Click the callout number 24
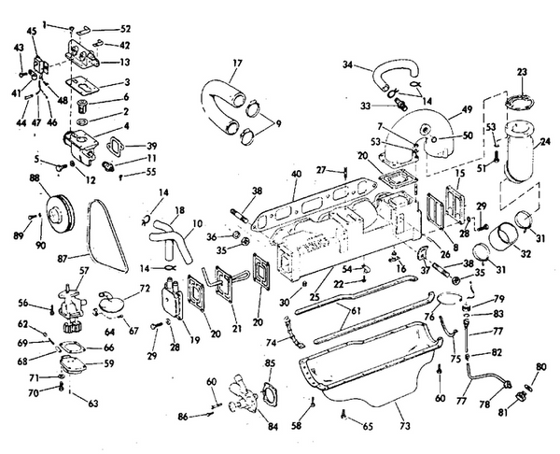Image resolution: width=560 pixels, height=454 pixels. pos(545,143)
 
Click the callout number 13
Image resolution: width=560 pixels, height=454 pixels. pos(124,63)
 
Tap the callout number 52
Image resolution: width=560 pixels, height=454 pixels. pos(126,29)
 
